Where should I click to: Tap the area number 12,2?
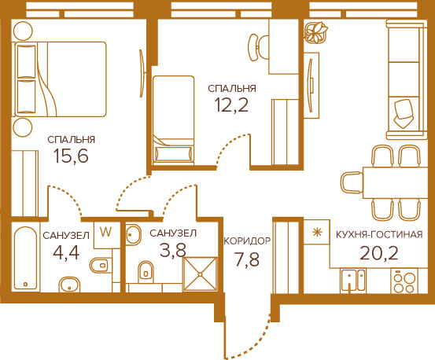[x=231, y=105]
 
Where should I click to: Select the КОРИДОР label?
[x=247, y=241]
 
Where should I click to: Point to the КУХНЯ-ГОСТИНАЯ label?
[x=379, y=235]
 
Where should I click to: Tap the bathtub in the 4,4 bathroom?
[x=25, y=258]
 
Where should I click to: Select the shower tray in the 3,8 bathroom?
[x=200, y=274]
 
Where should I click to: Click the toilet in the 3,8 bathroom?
[x=146, y=270]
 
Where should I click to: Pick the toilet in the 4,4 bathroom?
[x=101, y=265]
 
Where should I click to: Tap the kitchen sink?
[x=353, y=280]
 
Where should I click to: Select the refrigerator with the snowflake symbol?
[x=316, y=232]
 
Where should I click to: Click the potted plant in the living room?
[x=316, y=32]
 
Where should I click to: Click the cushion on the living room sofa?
[x=404, y=114]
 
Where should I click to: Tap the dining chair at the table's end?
[x=352, y=182]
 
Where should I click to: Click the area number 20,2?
[x=379, y=253]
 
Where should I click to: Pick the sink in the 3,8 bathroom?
[x=133, y=234]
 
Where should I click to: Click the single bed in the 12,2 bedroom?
[x=174, y=119]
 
